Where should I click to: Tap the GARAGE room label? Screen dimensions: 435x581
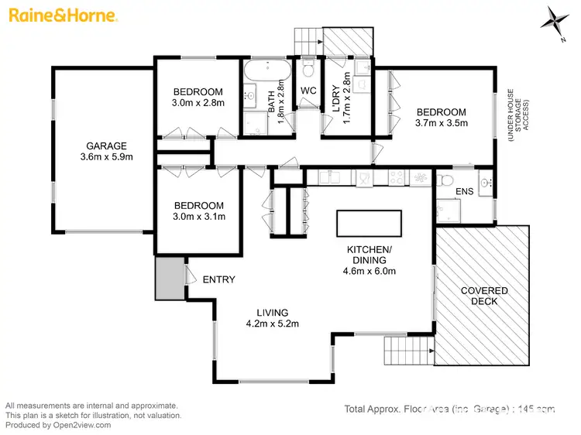point(106,146)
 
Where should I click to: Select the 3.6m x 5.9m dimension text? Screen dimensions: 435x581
point(106,157)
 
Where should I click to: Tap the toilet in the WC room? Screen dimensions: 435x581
point(308,71)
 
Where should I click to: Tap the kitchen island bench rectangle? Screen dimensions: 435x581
point(369,224)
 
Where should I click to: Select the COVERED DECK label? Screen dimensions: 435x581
point(484,296)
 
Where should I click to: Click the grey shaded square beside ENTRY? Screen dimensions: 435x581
point(168,279)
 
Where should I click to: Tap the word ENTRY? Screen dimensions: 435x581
point(218,279)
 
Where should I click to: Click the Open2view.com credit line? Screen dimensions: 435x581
point(58,425)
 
